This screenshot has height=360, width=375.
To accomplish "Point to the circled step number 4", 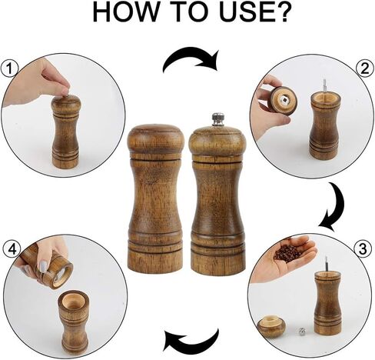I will [x=10, y=248].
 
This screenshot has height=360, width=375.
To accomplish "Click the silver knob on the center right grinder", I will [x=217, y=119].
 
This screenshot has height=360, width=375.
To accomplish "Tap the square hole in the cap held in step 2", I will [x=284, y=98].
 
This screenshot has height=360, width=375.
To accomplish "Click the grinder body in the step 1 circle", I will [x=65, y=135].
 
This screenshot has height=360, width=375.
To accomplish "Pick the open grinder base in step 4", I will [x=74, y=319].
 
